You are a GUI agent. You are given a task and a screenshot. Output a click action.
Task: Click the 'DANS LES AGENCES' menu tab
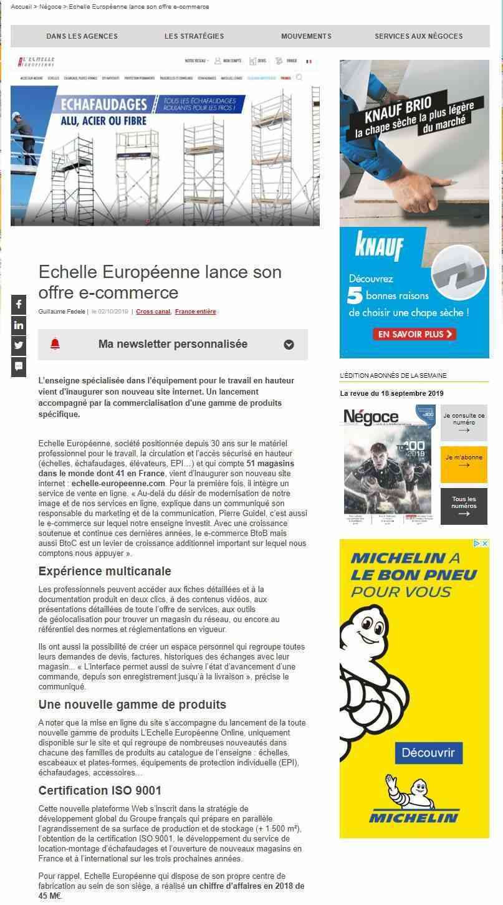[x=82, y=36]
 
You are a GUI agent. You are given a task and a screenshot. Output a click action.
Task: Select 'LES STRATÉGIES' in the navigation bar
[x=194, y=36]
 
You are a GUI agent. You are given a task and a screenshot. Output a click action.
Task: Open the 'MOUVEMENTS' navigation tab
[x=306, y=36]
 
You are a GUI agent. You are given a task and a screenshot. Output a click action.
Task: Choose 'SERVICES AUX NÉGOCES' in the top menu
[x=418, y=36]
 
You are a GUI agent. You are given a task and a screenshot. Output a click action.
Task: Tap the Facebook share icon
[x=19, y=304]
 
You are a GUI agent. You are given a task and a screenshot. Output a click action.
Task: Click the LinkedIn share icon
[x=19, y=325]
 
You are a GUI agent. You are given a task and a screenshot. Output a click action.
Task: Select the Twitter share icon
[x=19, y=345]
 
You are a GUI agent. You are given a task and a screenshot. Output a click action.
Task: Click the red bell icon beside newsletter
[x=55, y=344]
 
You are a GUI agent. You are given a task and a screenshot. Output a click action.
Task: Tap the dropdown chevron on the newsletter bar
[x=289, y=345]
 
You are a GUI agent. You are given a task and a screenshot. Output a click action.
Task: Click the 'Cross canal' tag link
[x=153, y=312]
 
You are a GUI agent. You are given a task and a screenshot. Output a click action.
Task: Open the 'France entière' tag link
[x=195, y=312]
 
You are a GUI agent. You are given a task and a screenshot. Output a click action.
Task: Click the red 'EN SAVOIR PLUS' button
[x=414, y=335]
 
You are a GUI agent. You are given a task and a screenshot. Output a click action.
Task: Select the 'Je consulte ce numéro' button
[x=464, y=423]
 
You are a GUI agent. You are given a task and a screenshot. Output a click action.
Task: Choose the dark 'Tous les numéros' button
[x=464, y=506]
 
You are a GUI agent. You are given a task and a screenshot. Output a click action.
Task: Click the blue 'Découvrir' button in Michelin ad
[x=428, y=752]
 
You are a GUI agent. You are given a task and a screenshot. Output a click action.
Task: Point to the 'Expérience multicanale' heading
[x=105, y=571]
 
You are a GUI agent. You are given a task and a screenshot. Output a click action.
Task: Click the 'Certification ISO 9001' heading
[x=100, y=790]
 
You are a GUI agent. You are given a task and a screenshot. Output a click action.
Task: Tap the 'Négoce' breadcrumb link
[x=50, y=7]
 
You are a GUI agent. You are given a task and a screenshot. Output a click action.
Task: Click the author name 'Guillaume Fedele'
[x=61, y=312]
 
